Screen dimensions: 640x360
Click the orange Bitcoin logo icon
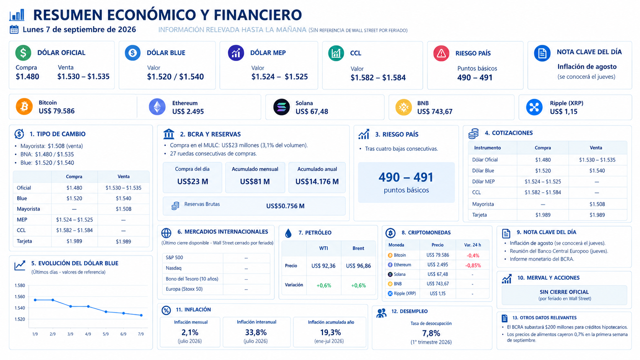[24, 106]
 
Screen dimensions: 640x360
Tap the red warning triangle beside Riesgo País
[441, 54]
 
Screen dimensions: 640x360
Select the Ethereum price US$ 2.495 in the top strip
[188, 112]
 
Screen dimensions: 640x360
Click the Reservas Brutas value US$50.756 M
[285, 206]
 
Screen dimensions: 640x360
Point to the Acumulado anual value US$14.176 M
[317, 182]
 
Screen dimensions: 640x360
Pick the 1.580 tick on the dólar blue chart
[20, 285]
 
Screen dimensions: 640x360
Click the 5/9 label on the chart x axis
[106, 334]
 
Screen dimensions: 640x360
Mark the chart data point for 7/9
[141, 316]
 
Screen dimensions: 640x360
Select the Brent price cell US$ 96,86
[358, 266]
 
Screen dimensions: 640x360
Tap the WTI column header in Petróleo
[323, 248]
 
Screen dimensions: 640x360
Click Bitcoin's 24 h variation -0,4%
[473, 256]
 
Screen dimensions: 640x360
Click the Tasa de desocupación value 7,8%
[431, 333]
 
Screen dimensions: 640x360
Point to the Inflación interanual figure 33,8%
[256, 332]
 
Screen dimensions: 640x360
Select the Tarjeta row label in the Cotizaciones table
[480, 215]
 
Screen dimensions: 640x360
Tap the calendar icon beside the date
[14, 29]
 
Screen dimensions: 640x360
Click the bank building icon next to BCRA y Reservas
[168, 134]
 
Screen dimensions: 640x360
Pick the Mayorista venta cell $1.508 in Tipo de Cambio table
[123, 209]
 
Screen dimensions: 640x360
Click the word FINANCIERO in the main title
[258, 15]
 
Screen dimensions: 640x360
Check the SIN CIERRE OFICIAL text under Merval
[564, 292]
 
